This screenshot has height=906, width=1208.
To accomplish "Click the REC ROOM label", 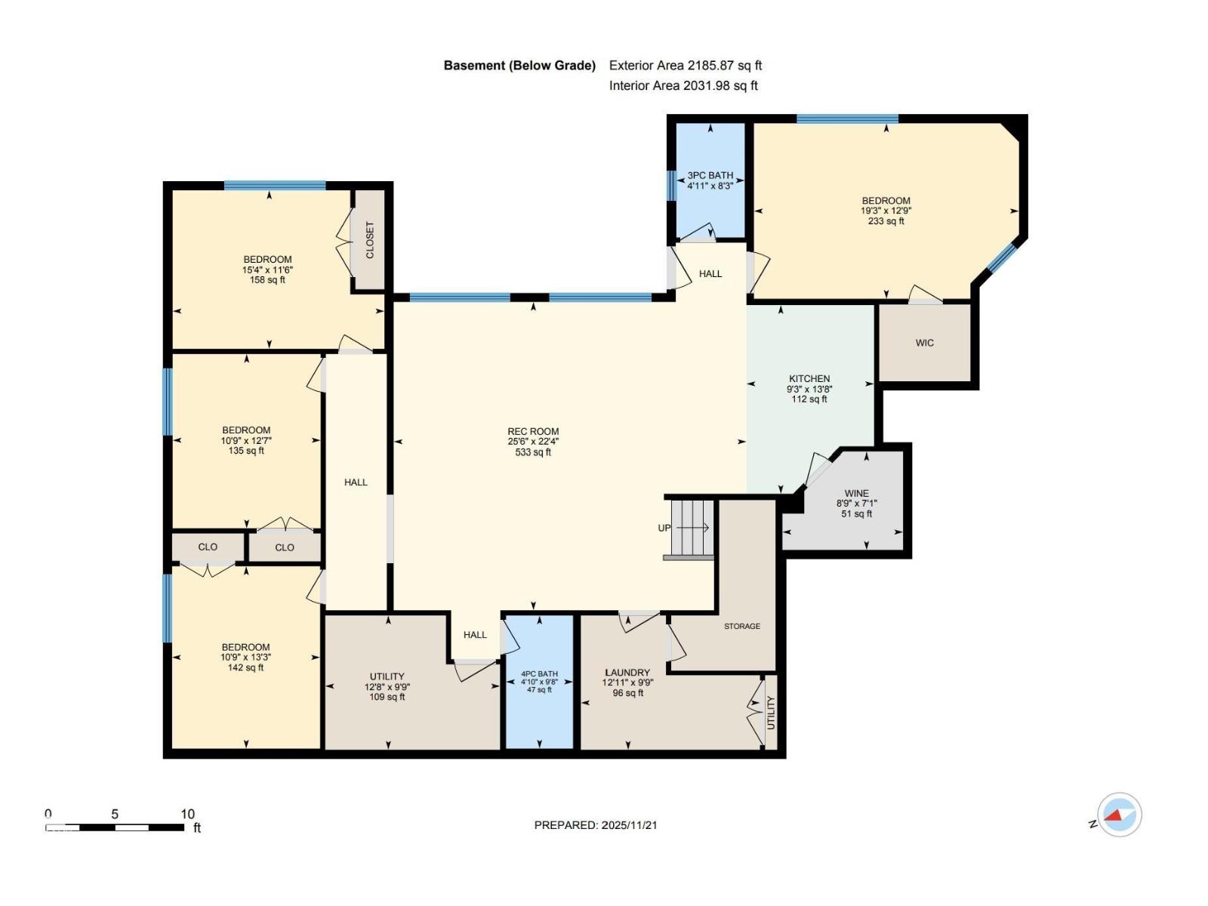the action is pos(533,432).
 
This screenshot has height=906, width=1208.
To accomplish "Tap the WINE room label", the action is pos(856,494).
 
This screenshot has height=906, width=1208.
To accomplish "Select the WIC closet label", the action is pos(925,343).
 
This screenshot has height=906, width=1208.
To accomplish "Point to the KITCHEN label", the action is pos(809,378).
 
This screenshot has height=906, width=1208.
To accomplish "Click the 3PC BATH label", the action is pos(710,175).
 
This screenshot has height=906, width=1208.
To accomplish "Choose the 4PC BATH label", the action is pos(539,674).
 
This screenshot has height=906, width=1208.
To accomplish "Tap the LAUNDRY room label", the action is pos(627,672).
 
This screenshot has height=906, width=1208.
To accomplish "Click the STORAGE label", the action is pos(742,626).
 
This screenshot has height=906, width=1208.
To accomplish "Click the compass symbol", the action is pos(1119,815).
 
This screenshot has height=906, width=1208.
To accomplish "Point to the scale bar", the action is pos(115,827).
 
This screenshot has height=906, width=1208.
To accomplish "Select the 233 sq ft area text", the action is pos(886,221).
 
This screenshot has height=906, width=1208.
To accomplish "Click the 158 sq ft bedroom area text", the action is pos(267,279).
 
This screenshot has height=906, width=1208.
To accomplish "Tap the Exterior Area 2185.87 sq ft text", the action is pos(686,66).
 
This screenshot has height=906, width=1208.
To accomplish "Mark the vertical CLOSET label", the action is pos(370,240).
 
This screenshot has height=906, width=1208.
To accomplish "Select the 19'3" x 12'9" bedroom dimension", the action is pos(886,211).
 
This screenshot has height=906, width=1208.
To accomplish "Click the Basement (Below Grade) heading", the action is pos(519,66).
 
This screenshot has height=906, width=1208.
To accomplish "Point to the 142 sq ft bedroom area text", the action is pos(245,667).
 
